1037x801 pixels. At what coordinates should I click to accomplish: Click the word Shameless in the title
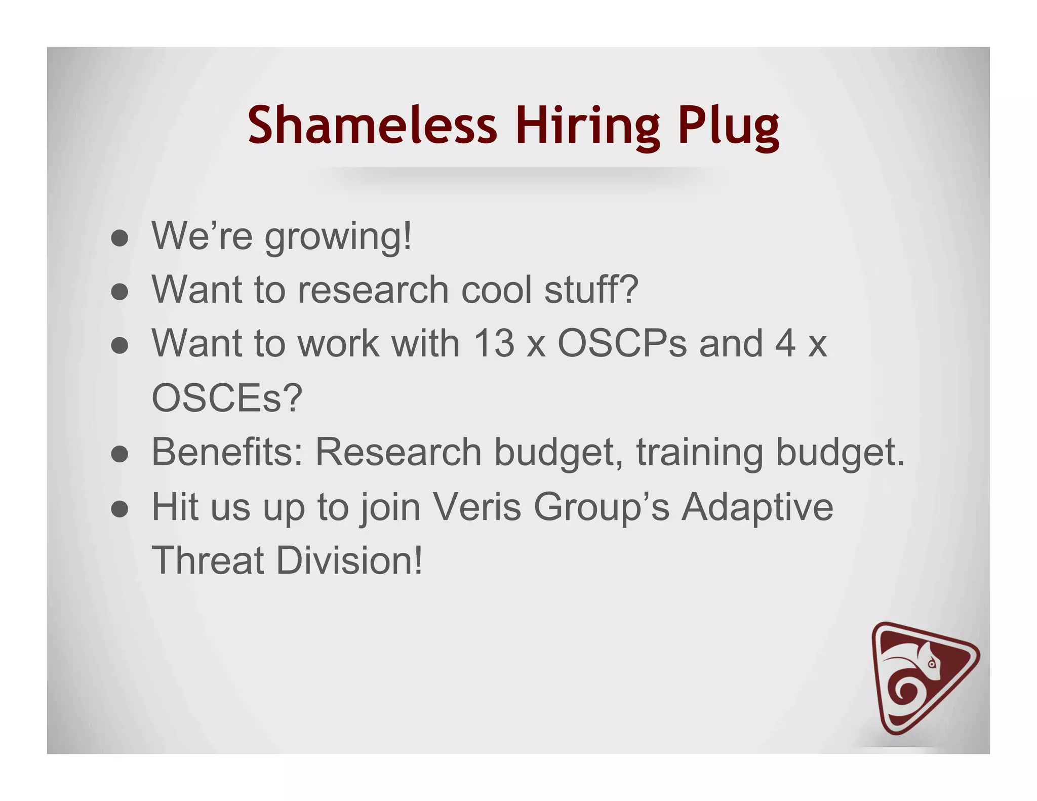coord(372,125)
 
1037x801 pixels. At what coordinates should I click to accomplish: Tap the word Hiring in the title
coord(588,127)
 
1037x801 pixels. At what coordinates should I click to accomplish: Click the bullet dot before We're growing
coord(119,238)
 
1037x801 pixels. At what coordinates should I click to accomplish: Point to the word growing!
coord(338,237)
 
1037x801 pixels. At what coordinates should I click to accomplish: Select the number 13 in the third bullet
coord(493,344)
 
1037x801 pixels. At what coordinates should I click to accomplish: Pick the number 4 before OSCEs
coord(785,344)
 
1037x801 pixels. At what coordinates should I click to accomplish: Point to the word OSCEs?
coord(227,398)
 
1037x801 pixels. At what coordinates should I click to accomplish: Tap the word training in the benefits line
coord(699,453)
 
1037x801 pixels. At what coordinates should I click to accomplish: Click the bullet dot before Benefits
coord(119,454)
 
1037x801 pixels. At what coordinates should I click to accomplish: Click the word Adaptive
coord(757,507)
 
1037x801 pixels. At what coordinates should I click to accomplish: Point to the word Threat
coord(208,560)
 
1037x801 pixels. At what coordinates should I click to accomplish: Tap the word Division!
coord(349,560)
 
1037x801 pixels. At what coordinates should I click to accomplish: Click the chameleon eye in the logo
coord(932,663)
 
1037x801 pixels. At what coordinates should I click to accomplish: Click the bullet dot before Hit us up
coord(119,509)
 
